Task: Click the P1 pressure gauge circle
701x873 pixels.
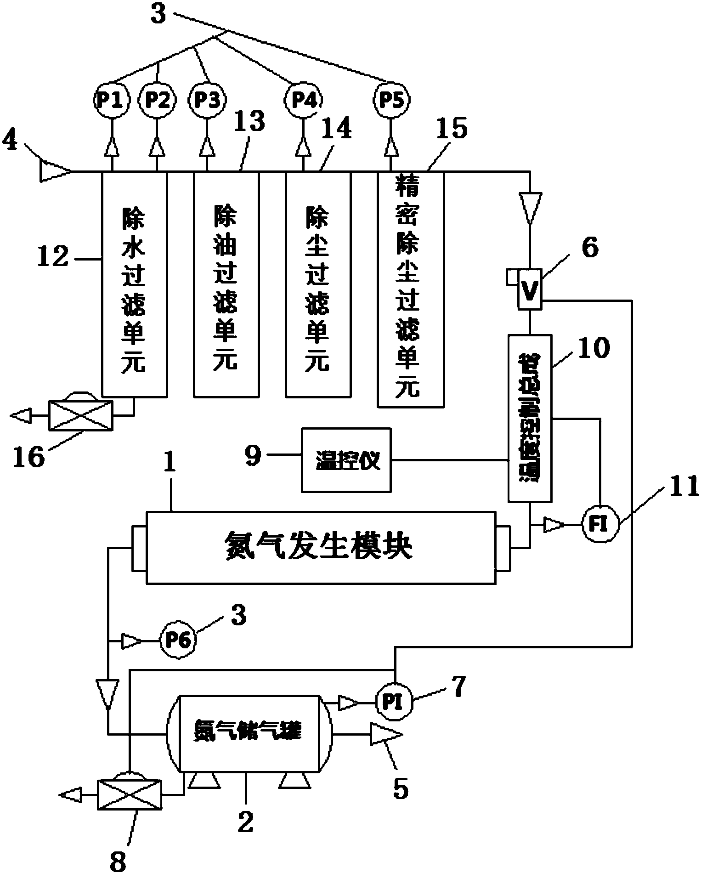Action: click(111, 100)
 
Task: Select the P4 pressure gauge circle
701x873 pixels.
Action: click(302, 100)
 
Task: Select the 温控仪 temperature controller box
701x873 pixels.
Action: click(346, 460)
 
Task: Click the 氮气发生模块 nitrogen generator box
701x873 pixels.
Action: click(321, 547)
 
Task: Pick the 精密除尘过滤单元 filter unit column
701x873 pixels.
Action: click(410, 289)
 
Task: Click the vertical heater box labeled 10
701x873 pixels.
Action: click(530, 417)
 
